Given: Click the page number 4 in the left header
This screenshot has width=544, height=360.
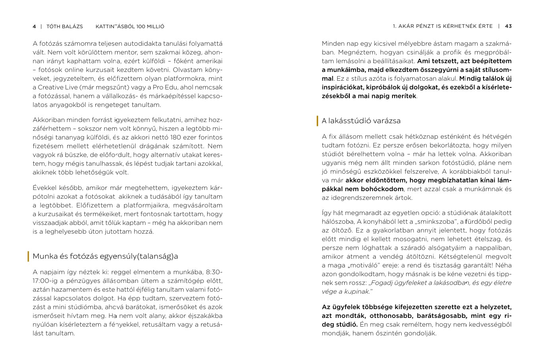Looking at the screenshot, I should click(34, 27).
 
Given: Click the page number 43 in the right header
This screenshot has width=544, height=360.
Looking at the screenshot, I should click(508, 27).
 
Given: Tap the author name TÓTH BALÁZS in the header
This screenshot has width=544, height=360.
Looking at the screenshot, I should click(65, 27).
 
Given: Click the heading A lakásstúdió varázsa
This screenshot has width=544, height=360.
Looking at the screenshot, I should click(361, 121).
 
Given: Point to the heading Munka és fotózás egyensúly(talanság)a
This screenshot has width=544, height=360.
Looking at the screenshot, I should click(105, 256).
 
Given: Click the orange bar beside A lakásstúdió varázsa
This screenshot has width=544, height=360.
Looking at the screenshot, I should click(317, 121).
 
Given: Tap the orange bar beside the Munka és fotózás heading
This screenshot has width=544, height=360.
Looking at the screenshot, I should click(28, 256).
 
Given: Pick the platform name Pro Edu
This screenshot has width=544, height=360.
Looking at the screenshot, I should click(140, 87).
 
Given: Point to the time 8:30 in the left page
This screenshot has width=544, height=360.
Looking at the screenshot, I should click(214, 272).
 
